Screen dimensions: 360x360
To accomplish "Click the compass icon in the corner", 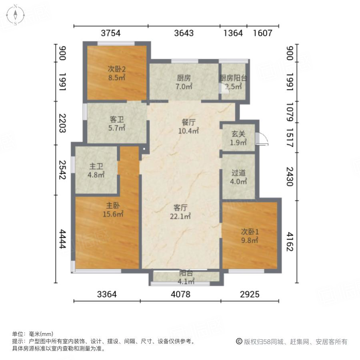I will [15, 15].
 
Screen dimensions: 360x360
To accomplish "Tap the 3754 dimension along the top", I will [111, 33].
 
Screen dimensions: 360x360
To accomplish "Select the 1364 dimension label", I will [233, 33].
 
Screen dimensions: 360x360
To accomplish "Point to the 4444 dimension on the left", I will [62, 239].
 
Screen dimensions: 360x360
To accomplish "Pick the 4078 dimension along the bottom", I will [180, 295].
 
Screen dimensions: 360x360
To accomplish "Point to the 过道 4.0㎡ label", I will [238, 173].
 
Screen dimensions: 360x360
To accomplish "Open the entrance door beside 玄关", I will [262, 138].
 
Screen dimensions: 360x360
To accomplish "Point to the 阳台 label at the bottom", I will [186, 273].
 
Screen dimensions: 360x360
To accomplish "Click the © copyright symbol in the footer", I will [239, 342].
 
